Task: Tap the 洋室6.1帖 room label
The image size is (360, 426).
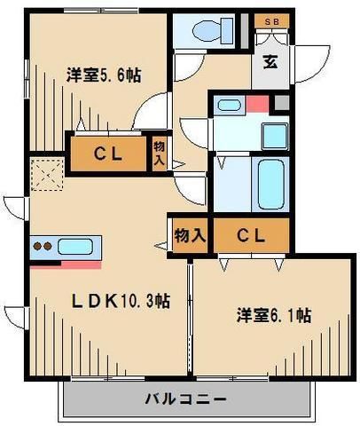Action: click(x=272, y=314)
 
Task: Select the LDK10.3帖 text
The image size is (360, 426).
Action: click(x=121, y=301)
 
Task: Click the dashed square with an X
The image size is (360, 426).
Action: click(x=45, y=174)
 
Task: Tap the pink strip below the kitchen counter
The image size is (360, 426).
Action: click(x=66, y=264)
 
